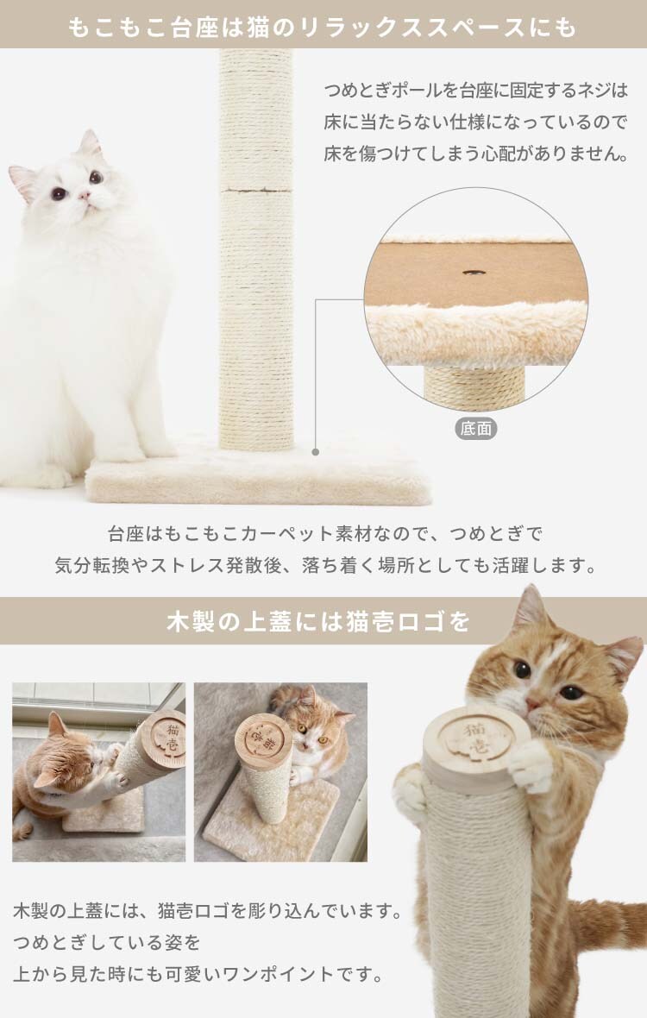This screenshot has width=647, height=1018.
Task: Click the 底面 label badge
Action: (x=475, y=429)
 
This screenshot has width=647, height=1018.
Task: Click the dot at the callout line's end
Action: (x=316, y=452)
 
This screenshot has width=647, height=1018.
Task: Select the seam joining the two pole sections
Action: (x=255, y=190)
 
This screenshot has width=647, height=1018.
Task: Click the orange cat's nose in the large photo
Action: (x=533, y=704)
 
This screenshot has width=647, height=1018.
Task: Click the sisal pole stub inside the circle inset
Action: (x=474, y=386)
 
